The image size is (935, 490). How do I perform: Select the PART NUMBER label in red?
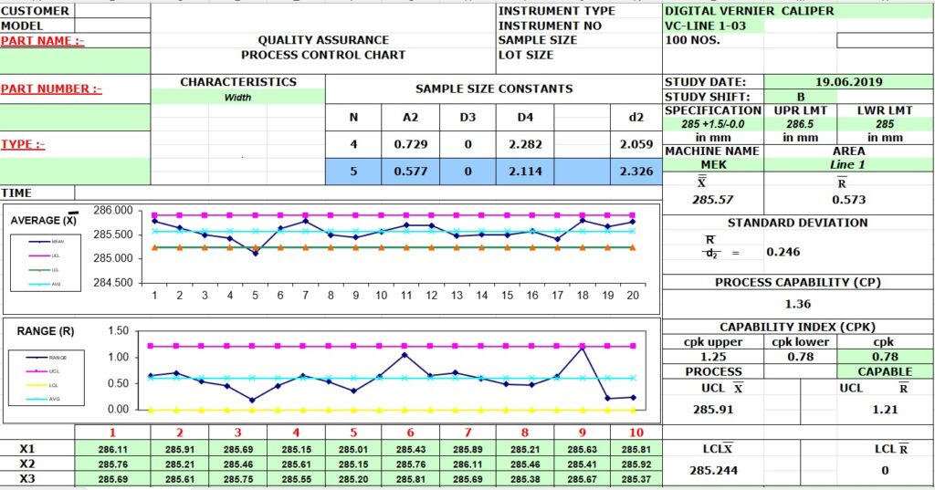tap(51, 89)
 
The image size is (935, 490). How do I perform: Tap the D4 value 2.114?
tap(525, 171)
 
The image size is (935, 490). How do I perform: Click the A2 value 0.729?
tap(411, 144)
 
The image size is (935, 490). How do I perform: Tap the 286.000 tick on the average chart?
tap(112, 211)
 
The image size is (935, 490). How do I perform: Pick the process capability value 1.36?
tap(798, 304)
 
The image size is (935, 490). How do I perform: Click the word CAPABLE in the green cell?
tap(885, 371)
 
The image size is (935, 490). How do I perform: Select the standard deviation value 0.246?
tap(783, 252)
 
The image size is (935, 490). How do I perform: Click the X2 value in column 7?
tap(468, 464)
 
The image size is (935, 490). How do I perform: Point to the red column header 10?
tap(637, 433)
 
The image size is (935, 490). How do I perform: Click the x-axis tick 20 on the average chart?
tap(632, 295)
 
